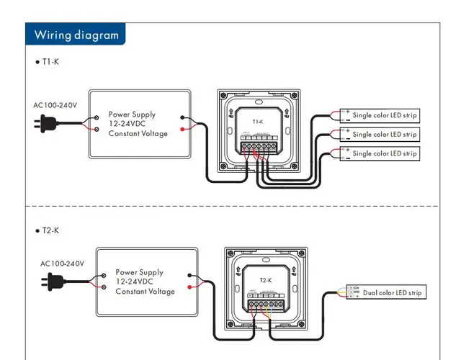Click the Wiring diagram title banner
pos(76,35)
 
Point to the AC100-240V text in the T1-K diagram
pos(55,105)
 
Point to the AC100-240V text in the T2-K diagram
pos(63,264)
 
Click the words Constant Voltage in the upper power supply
pos(138,134)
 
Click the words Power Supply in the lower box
pos(139,273)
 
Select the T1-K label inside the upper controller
pos(258,122)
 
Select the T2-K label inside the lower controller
pos(264,280)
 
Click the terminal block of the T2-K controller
pos(265,304)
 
